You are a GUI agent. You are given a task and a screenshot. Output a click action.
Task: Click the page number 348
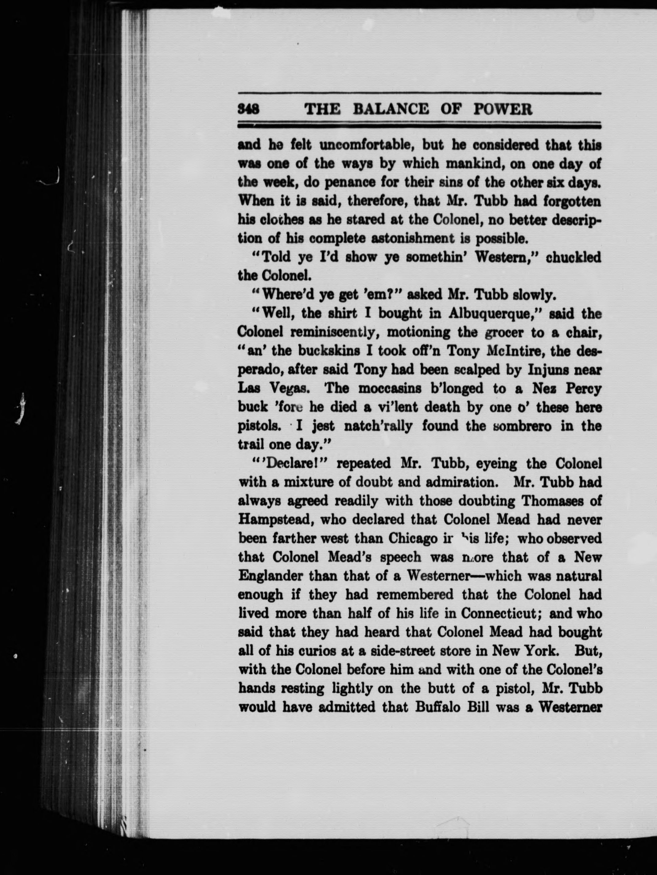click(x=248, y=108)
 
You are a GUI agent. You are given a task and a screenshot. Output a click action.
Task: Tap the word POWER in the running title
click(x=502, y=108)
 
